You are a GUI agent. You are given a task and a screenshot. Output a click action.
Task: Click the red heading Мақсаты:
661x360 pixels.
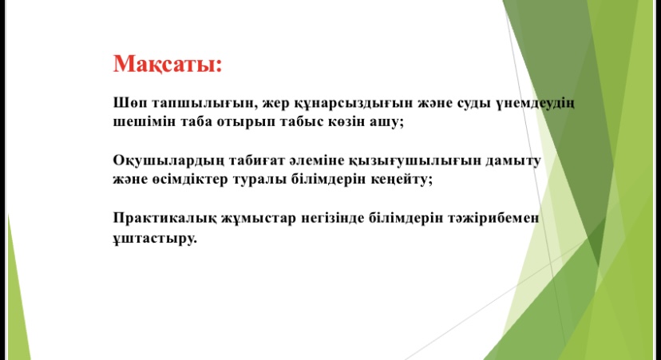point(168,65)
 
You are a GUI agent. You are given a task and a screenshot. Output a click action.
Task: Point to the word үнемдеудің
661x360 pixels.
point(535,104)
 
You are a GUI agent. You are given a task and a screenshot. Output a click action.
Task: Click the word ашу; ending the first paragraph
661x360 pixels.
point(386,122)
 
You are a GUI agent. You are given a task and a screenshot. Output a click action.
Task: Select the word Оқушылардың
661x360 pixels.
point(168,161)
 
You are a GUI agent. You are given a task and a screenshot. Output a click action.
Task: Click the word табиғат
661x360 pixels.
point(257,160)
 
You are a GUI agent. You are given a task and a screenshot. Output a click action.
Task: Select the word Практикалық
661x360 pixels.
point(164,219)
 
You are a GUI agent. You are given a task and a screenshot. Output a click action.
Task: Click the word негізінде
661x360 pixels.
point(332,219)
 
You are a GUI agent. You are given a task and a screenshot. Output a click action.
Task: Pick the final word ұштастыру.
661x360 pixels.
point(155,239)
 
